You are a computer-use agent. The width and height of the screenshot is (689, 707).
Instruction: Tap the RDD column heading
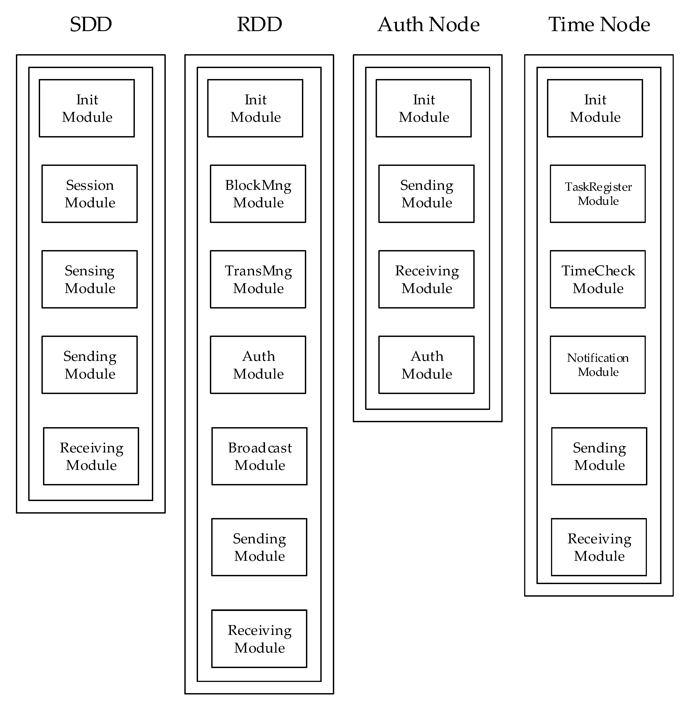[259, 25]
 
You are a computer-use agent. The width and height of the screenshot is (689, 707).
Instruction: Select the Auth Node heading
[428, 25]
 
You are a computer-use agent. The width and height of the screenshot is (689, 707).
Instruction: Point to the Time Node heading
[599, 25]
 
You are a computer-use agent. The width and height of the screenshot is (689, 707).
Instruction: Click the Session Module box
[89, 194]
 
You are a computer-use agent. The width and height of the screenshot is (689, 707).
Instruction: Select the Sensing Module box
[89, 279]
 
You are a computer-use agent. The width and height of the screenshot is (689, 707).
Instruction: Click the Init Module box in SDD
[87, 108]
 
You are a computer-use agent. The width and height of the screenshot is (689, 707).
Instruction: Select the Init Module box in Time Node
[595, 108]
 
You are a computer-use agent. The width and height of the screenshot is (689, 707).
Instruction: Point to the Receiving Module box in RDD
[259, 639]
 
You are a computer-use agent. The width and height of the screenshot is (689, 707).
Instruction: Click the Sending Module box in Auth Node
[426, 194]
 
